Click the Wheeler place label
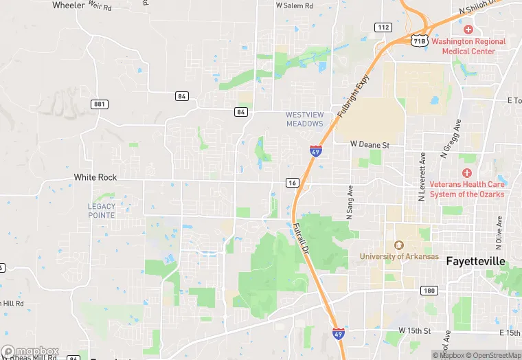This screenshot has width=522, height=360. coord(68,5)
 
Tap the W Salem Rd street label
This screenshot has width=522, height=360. coord(294,5)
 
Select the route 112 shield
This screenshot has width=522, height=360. coord(383,27)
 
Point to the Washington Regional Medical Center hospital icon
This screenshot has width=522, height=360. coord(468,30)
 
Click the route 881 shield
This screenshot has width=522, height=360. coord(100,104)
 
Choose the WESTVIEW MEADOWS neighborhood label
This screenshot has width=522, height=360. coord(304,119)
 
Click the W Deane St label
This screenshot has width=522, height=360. coord(370,144)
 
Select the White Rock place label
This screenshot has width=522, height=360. coord(95,177)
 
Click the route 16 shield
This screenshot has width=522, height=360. coord(293,182)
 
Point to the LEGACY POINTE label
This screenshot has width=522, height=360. coord(102,210)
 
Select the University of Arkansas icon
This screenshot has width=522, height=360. coord(398,245)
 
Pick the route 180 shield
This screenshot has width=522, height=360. coord(429,291)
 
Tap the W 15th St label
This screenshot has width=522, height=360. coord(414,330)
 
